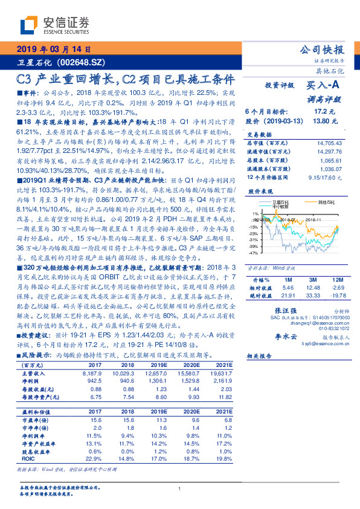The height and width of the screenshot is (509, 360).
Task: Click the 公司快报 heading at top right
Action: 322,50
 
